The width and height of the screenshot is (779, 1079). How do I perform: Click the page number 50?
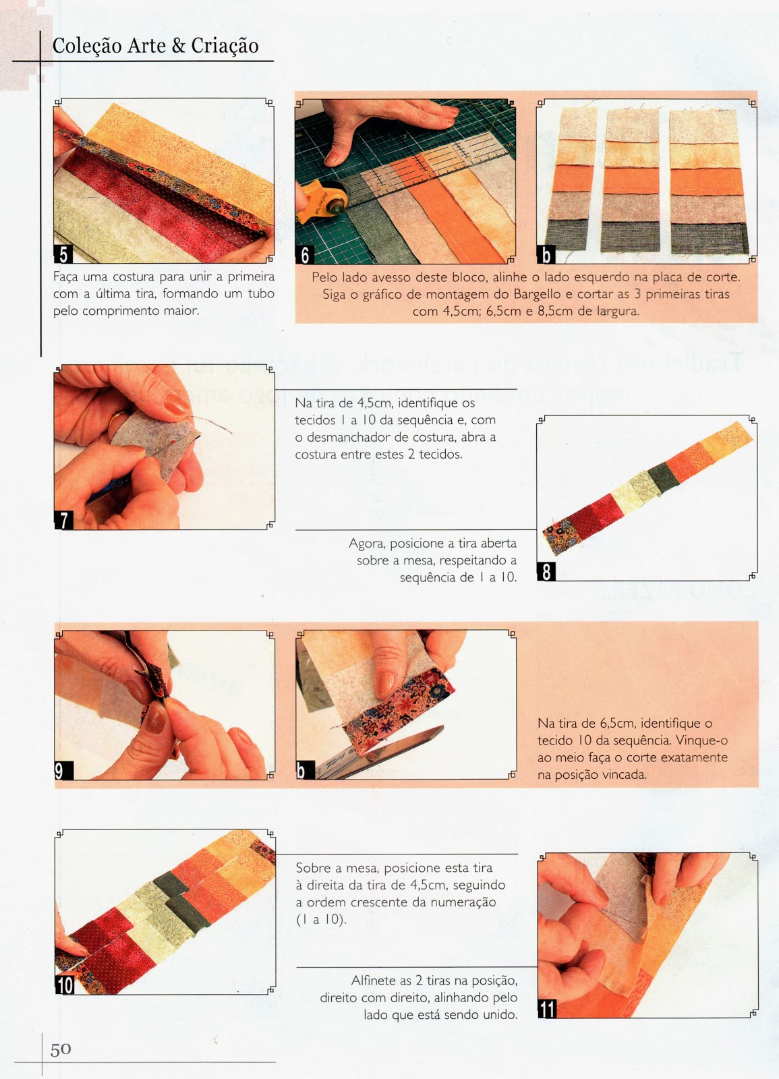61,1049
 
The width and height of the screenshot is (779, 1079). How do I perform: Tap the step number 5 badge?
63,254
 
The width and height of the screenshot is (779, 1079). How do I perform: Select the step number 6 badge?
305,255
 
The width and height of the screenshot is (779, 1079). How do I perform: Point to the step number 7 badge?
63,520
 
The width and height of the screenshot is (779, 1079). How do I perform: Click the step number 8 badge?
546,572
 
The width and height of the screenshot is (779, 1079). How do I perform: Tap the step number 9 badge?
61,771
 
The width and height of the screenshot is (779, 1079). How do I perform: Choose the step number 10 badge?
65,985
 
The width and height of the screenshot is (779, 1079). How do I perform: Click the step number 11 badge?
547,1009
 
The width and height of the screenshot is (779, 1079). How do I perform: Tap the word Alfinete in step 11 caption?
373,981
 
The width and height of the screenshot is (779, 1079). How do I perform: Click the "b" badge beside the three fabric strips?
545,255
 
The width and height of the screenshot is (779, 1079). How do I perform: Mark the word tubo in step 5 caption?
260,294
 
